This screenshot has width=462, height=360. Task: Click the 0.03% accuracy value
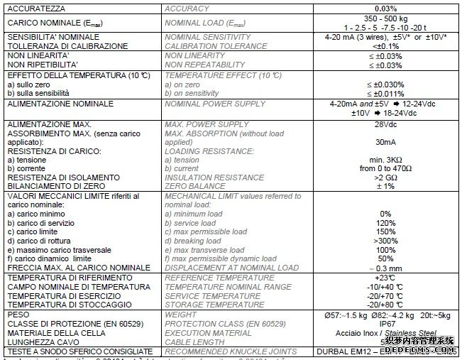click(x=385, y=9)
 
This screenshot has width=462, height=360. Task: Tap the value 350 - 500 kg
click(x=385, y=18)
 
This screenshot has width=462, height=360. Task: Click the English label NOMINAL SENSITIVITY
click(x=207, y=36)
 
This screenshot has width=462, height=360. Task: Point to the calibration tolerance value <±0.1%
click(x=385, y=45)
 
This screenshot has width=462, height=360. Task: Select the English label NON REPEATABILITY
click(x=204, y=65)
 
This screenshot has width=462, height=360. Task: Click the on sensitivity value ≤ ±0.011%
click(x=385, y=93)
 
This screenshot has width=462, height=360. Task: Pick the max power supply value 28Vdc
click(x=385, y=125)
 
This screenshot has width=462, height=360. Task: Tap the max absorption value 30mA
click(x=385, y=141)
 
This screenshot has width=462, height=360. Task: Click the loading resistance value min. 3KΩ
click(x=385, y=160)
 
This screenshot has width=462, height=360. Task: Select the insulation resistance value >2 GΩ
click(x=385, y=177)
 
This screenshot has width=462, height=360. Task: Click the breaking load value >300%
click(x=385, y=241)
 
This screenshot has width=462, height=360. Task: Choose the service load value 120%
click(x=385, y=222)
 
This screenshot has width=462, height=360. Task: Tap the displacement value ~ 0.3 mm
click(x=385, y=268)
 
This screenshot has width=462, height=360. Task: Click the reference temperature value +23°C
click(x=385, y=278)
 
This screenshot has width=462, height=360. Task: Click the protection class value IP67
click(x=385, y=322)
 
